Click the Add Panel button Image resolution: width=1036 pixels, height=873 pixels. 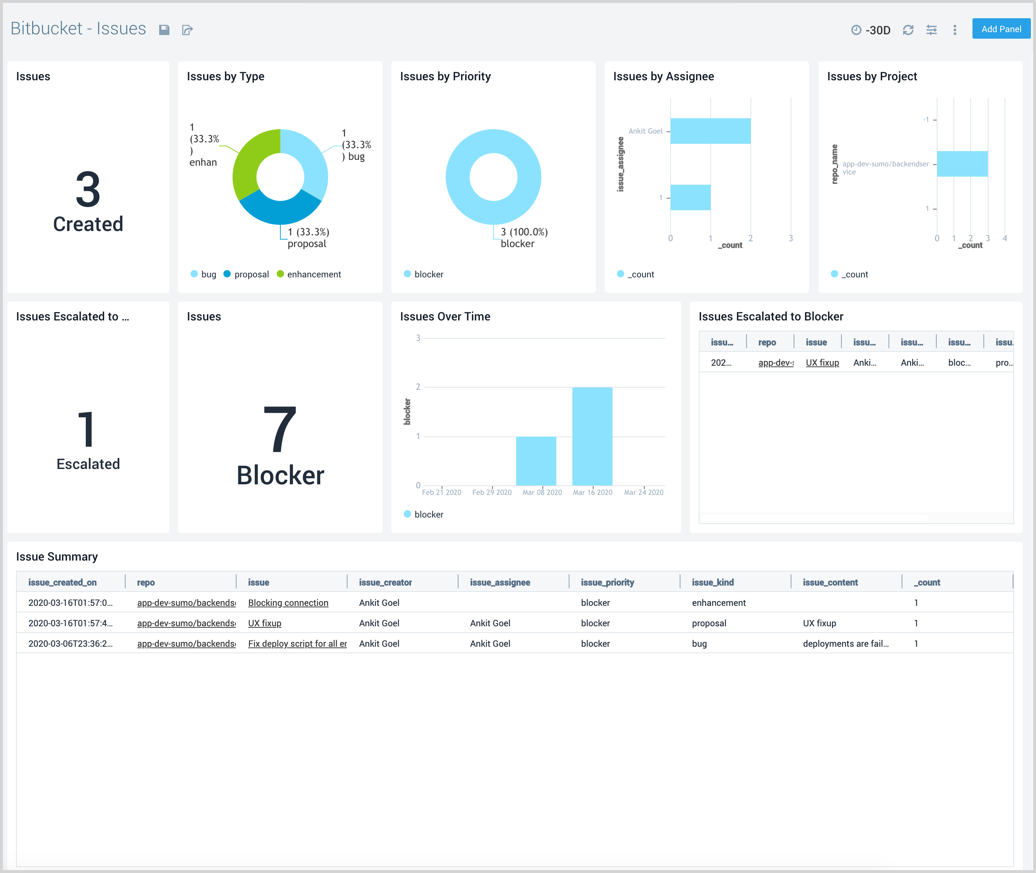1001,29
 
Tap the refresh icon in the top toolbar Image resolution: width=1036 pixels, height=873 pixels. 908,30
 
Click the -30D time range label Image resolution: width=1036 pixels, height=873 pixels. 878,30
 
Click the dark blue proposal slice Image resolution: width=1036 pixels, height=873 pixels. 280,210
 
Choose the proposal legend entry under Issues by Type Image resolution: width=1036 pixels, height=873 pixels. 251,274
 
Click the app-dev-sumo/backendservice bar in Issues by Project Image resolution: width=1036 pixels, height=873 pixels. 962,164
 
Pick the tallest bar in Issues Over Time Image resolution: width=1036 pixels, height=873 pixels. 592,435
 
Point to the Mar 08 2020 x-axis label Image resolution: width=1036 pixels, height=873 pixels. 542,492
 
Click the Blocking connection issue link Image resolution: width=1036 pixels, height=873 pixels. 288,603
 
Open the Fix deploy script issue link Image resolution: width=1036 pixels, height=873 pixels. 297,643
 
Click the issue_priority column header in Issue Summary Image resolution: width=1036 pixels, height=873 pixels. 607,582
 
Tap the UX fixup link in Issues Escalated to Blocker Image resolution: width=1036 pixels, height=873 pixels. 822,363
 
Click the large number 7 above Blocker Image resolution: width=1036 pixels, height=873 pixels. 280,429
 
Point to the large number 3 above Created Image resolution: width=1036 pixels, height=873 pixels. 88,189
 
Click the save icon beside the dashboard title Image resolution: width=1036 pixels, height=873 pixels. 164,30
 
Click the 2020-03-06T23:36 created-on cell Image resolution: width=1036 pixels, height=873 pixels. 70,643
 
